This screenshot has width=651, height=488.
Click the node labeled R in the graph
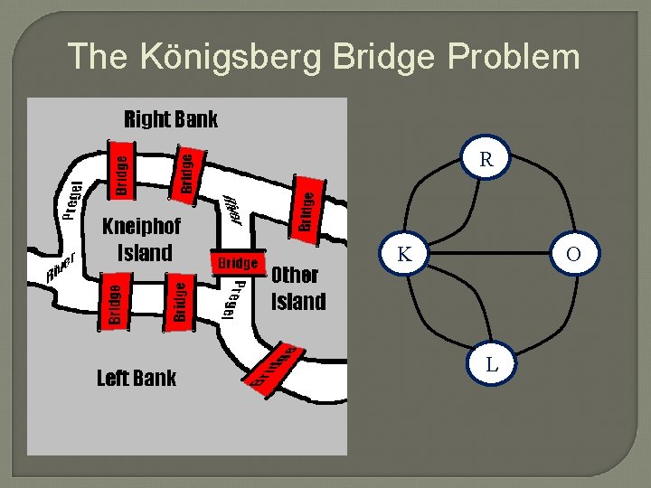tap(486, 160)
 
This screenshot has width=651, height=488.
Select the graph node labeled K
tap(404, 256)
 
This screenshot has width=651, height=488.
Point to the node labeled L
tap(491, 365)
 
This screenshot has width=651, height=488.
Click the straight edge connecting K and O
tap(488, 256)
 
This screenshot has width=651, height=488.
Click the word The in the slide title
tap(99, 56)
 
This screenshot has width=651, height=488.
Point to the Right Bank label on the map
tap(170, 118)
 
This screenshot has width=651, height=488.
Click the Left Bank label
tap(136, 378)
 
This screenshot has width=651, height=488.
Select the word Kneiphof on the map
tap(141, 225)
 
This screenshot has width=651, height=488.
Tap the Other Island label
tap(297, 287)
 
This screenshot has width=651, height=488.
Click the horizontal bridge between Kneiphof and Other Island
tap(238, 262)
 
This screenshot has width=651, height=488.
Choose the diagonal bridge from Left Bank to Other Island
tap(275, 367)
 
